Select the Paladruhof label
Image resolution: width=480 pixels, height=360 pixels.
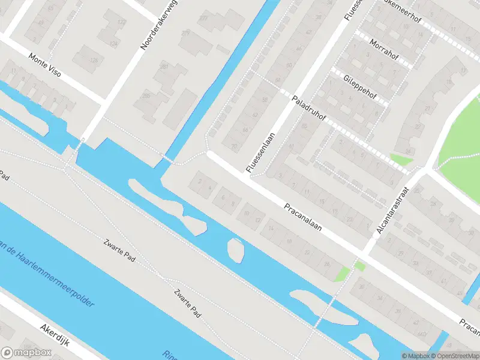(308, 107)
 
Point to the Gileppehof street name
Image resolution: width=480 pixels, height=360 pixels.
(359, 87)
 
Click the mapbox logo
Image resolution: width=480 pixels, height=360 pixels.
(25, 353)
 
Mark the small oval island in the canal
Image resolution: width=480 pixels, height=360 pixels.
(236, 250)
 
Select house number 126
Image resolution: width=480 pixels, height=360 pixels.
(93, 61)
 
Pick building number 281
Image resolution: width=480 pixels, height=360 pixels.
(163, 67)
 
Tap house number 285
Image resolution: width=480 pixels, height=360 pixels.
(146, 95)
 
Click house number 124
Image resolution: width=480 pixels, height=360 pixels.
(114, 44)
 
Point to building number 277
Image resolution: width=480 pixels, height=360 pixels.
(203, 18)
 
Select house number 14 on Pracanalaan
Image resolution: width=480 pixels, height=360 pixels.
(271, 229)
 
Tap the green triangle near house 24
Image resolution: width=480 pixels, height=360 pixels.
(400, 160)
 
